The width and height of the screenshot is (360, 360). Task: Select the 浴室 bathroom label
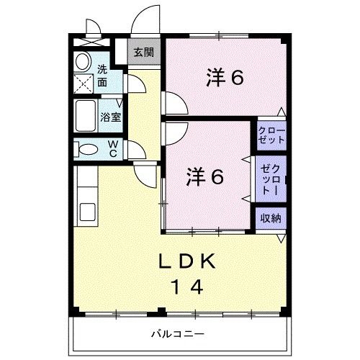110,116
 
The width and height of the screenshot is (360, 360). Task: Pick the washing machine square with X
84,84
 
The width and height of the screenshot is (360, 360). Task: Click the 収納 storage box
271,219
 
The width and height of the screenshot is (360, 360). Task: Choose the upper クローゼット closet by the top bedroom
271,135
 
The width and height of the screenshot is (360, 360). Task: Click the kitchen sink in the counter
86,213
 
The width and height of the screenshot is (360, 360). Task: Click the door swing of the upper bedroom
171,103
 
